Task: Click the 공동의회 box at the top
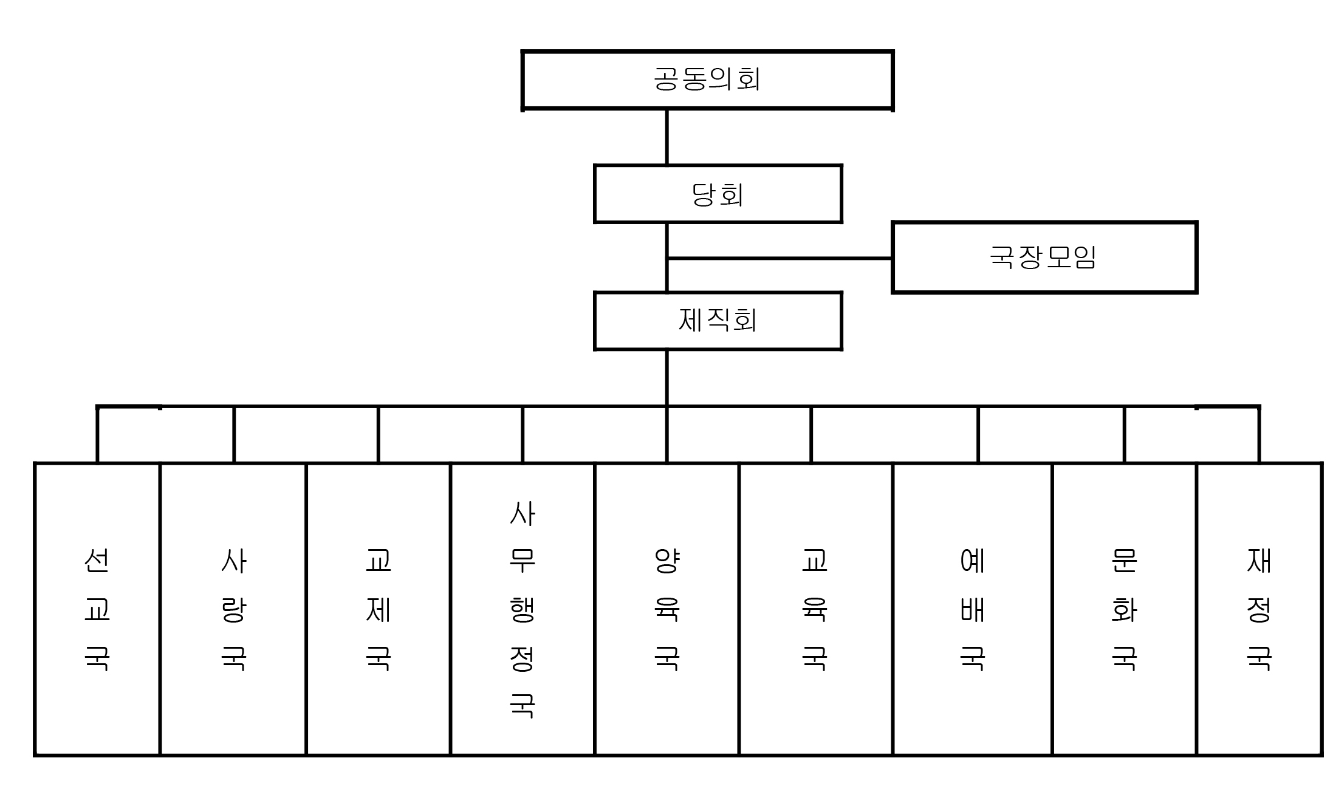(707, 80)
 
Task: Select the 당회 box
(718, 194)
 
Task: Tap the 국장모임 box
(1044, 257)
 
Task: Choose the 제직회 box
(718, 321)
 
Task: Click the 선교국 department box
(97, 609)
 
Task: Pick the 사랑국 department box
(233, 609)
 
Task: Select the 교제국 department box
(378, 609)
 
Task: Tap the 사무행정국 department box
(523, 609)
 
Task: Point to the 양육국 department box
(666, 609)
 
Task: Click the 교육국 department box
(815, 609)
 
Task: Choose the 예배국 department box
(972, 609)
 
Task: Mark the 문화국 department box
(1124, 609)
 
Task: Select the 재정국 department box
(1259, 609)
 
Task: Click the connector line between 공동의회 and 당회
(666, 137)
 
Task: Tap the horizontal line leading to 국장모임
(780, 258)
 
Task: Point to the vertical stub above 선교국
(97, 435)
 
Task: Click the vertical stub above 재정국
(1259, 435)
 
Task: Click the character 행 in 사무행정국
(523, 609)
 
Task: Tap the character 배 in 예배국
(972, 609)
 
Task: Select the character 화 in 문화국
(1124, 609)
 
